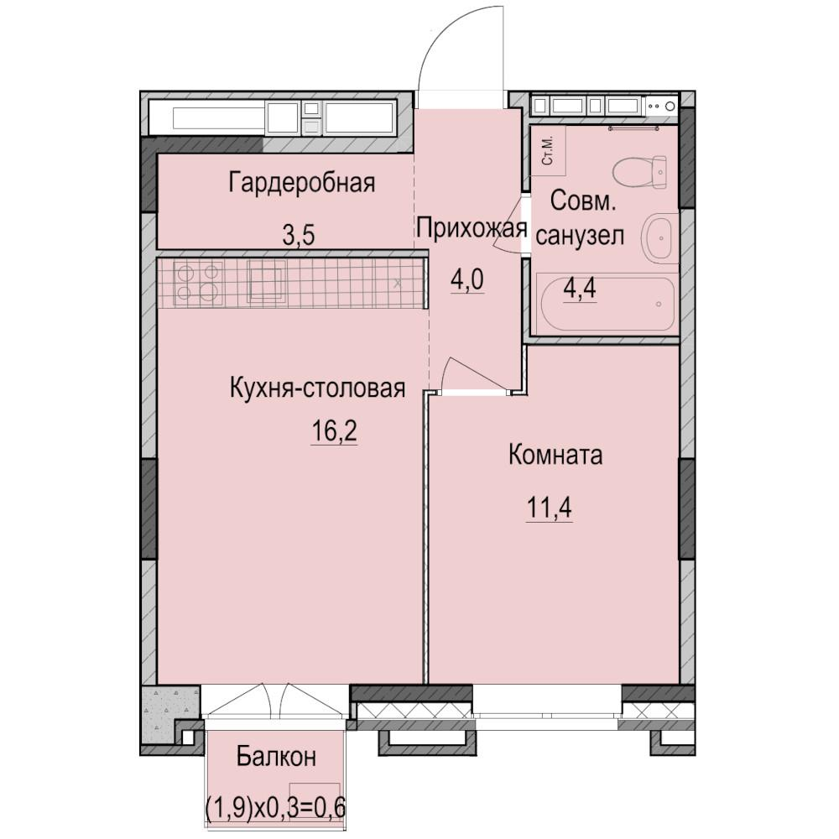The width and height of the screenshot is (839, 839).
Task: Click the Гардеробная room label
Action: tap(301, 183)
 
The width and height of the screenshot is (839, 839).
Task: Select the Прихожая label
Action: tap(472, 227)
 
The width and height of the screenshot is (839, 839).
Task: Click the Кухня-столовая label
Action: tap(318, 388)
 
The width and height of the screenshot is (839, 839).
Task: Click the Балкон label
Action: tap(276, 757)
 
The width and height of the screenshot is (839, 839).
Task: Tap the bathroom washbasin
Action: tap(659, 237)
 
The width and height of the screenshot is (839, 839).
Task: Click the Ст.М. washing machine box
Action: tap(548, 151)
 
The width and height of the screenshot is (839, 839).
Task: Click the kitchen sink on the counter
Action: tap(267, 280)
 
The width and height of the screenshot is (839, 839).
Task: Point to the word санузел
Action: tap(580, 237)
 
